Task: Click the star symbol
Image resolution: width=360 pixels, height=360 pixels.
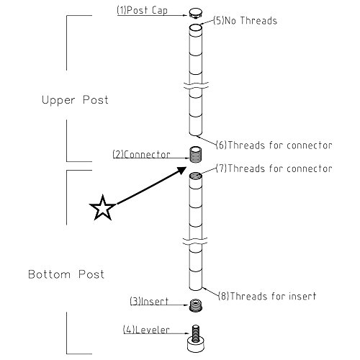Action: (x=102, y=208)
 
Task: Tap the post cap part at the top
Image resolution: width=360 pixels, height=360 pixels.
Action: (x=195, y=12)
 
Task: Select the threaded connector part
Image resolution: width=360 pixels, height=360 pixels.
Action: (x=196, y=155)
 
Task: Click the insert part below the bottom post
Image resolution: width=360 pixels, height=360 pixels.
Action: (x=196, y=305)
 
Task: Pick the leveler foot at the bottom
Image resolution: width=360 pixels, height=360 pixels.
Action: (x=196, y=339)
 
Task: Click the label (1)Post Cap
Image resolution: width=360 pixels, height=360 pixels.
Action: (x=142, y=11)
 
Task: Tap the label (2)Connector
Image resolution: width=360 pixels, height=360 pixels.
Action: (x=141, y=155)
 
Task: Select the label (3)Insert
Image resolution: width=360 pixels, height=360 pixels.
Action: (x=149, y=302)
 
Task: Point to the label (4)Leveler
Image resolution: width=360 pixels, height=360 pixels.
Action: (x=146, y=330)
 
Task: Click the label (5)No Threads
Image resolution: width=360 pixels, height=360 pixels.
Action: (x=245, y=21)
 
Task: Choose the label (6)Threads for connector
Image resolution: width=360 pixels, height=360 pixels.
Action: (x=274, y=145)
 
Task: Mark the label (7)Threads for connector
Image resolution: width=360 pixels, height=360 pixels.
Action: (x=274, y=168)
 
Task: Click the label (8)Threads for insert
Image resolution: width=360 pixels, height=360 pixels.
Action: (x=267, y=296)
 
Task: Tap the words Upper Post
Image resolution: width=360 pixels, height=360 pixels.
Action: (x=75, y=100)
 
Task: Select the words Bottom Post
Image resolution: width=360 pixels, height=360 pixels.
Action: (x=66, y=274)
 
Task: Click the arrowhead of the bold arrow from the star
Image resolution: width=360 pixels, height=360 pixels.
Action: (x=181, y=170)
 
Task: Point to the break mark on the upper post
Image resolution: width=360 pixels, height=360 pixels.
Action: (x=196, y=86)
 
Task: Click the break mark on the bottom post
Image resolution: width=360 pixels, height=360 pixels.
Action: (x=194, y=241)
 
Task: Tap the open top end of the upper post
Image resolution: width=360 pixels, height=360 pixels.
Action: (x=196, y=27)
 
